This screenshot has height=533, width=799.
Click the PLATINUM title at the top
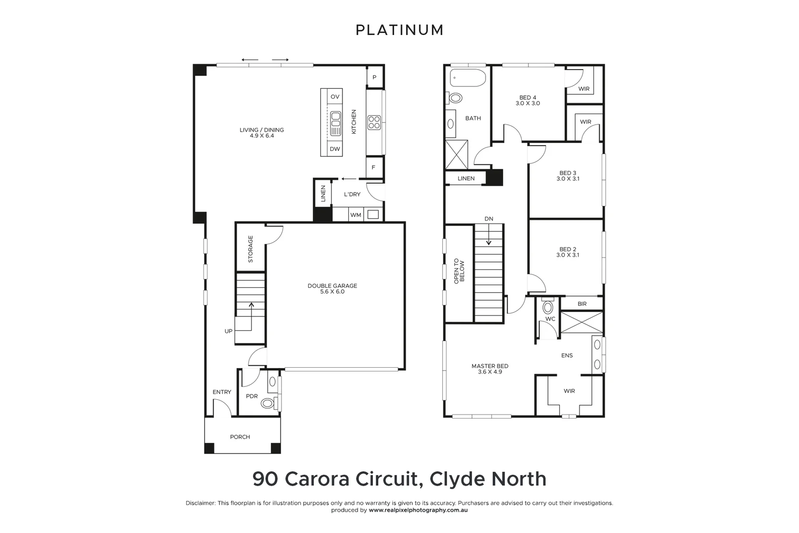tap(399, 30)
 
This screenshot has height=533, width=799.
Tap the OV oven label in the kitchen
tap(335, 97)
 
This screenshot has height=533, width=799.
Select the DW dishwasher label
tap(335, 149)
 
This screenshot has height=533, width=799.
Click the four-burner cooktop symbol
tap(374, 122)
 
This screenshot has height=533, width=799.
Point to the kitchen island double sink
tap(336, 123)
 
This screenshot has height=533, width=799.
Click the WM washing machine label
tap(356, 215)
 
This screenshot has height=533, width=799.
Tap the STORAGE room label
tap(251, 249)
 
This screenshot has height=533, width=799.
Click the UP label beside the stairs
tap(229, 331)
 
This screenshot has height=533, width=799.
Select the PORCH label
tap(240, 437)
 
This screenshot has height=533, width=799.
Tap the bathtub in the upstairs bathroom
tap(468, 78)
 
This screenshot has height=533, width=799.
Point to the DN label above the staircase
tap(489, 219)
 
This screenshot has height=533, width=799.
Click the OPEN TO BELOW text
tap(459, 271)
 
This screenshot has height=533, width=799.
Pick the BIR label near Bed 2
tap(582, 304)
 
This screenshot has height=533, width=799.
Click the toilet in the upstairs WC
tap(547, 306)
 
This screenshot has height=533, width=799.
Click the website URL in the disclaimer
tap(418, 510)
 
